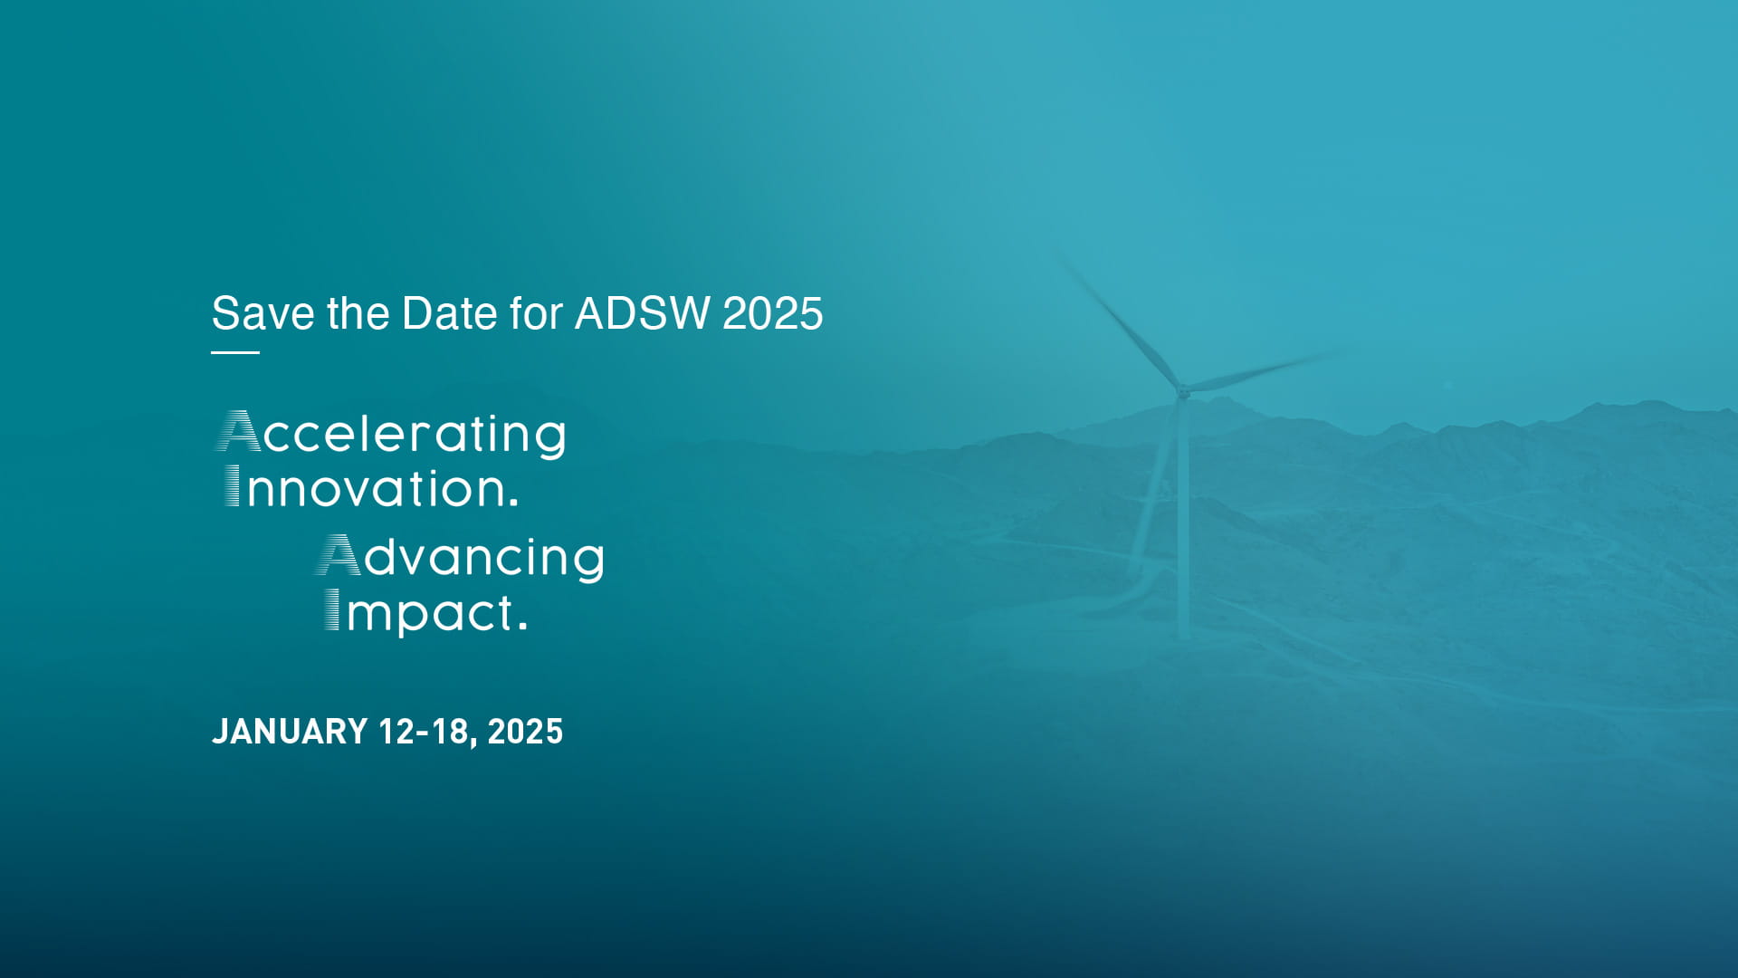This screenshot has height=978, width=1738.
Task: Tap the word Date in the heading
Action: [449, 313]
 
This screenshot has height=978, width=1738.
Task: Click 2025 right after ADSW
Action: [772, 313]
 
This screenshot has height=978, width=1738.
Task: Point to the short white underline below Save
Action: [235, 352]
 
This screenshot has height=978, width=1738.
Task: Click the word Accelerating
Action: [391, 435]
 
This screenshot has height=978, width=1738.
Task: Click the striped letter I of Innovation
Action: [233, 486]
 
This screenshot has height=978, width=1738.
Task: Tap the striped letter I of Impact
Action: [332, 609]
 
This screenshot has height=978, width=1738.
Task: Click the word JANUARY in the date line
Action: [290, 732]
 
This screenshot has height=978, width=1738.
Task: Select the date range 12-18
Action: [423, 732]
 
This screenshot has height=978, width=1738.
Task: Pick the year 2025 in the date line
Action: [525, 732]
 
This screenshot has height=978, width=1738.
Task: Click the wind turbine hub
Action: [1182, 392]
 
